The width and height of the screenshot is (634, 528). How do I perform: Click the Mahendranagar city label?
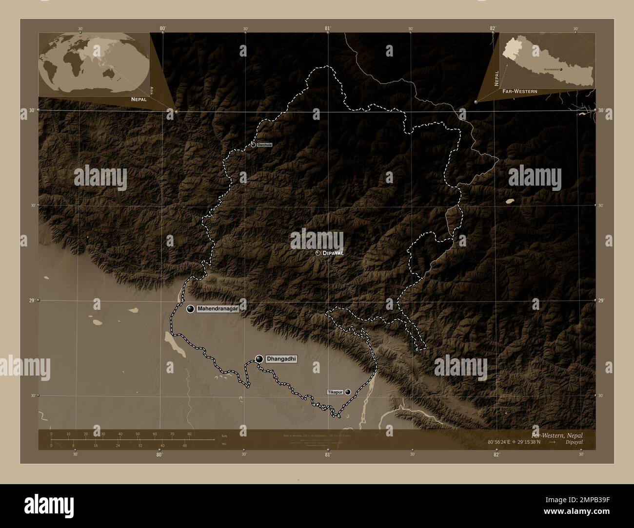pos(218,309)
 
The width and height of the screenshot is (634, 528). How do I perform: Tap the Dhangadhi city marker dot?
pos(259,359)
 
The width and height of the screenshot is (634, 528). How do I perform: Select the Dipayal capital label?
pos(333,253)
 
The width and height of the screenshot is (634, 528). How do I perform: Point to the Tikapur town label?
pos(335,392)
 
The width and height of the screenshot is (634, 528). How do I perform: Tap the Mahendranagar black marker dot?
pos(190,309)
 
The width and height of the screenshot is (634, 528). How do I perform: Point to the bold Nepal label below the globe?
pos(138,99)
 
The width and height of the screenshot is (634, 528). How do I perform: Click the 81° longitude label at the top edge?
pos(328,28)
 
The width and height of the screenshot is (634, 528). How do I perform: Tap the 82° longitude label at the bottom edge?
pos(496,455)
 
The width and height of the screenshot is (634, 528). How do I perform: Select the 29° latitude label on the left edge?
pos(31,301)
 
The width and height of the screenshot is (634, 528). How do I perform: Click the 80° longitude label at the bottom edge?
pos(159,455)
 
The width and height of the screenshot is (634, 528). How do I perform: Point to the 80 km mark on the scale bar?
pos(189,434)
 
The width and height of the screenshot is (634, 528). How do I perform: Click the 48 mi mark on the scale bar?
pos(184,445)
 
